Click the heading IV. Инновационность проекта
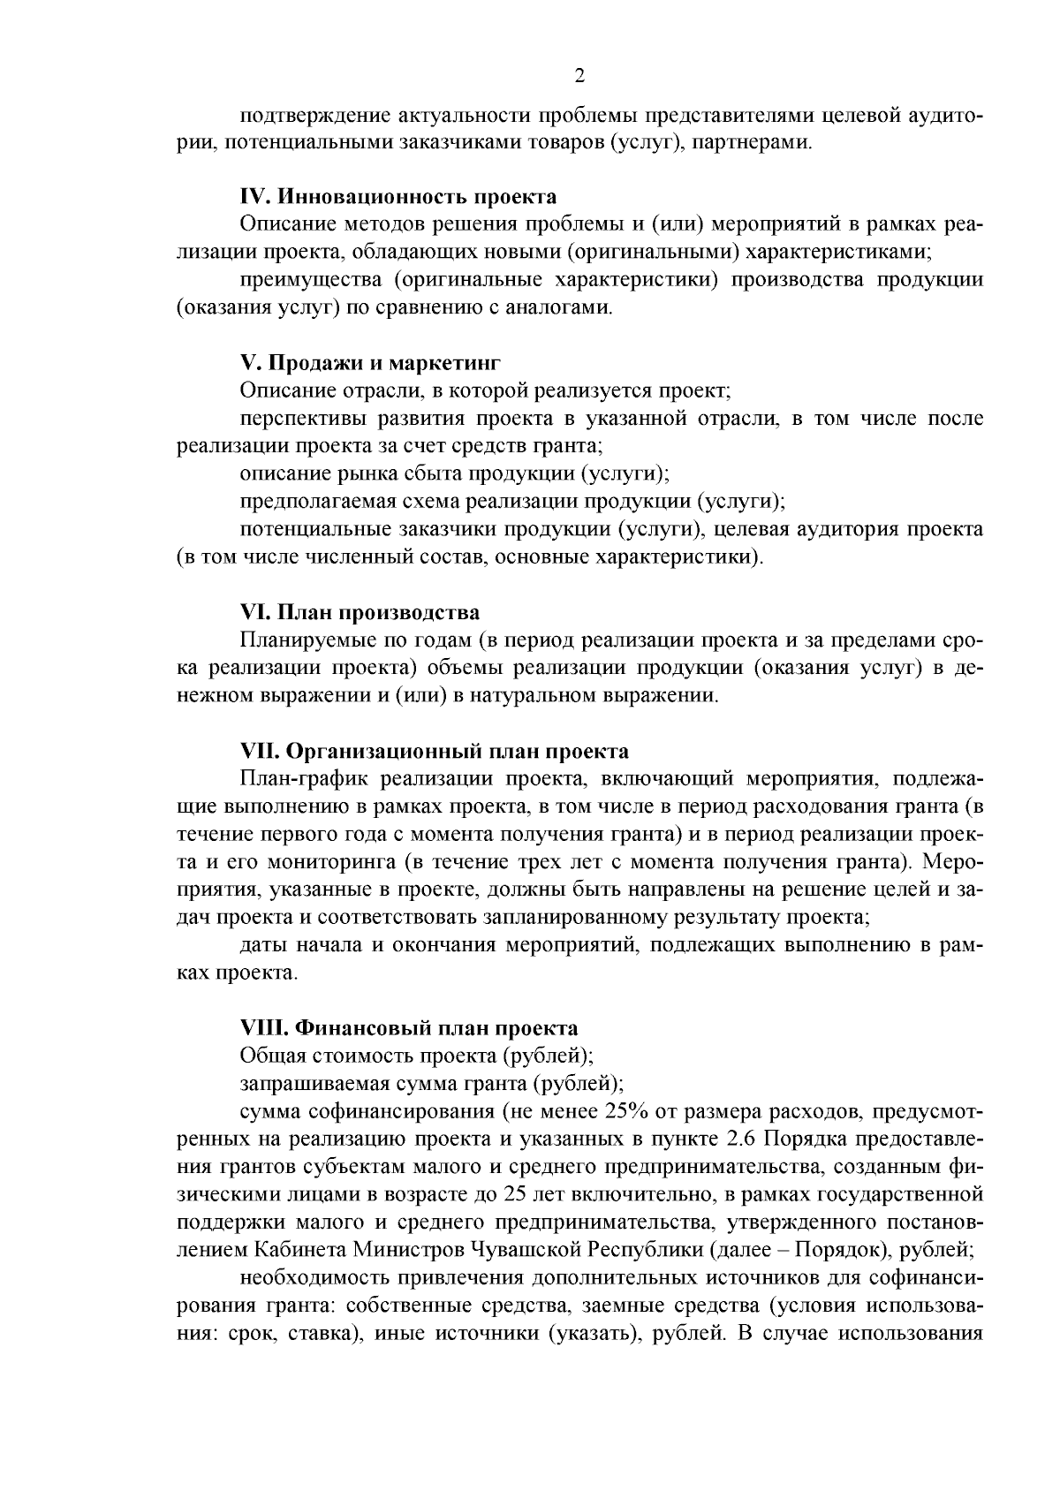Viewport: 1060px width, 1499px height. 398,196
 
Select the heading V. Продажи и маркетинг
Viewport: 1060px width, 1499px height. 371,363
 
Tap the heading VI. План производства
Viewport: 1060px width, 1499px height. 360,613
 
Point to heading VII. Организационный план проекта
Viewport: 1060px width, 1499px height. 435,752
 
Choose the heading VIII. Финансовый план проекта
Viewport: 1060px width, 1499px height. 409,1028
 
